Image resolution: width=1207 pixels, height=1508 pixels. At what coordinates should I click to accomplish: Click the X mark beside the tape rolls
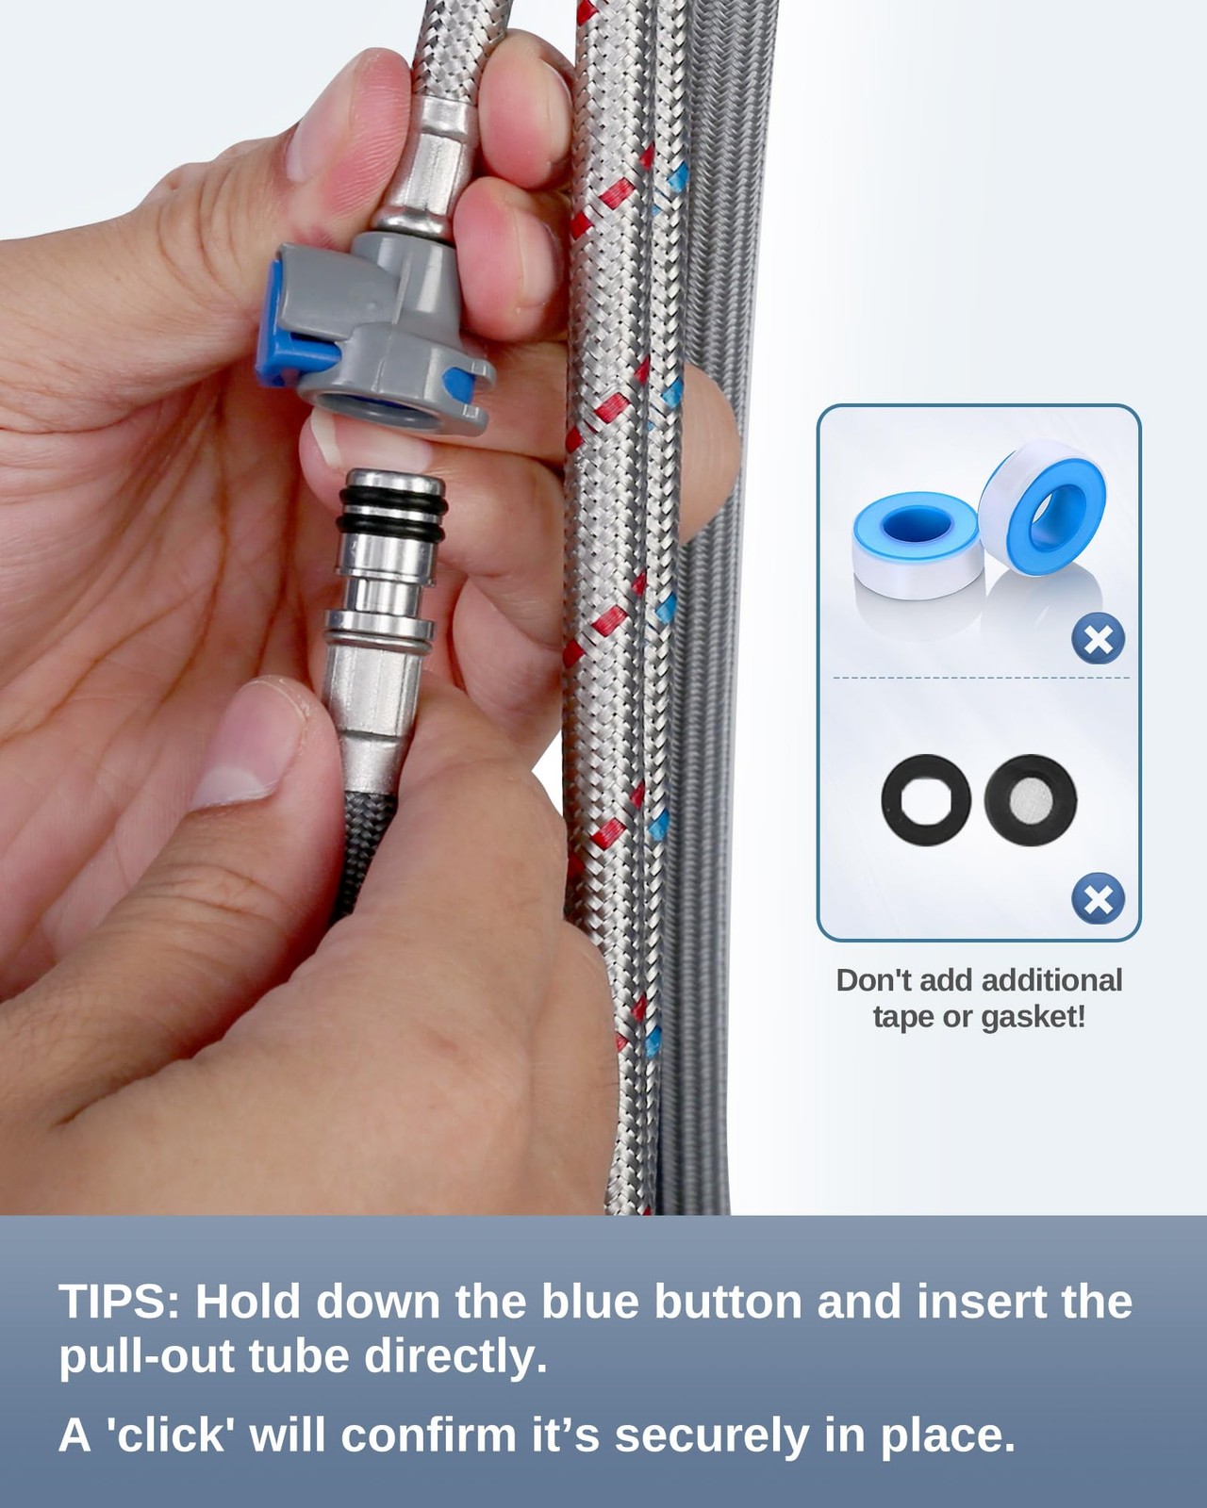point(1098,638)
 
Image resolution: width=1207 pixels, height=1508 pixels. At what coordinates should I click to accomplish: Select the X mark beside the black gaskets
point(1098,899)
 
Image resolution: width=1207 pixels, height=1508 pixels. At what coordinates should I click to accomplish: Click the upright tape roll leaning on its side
point(1043,507)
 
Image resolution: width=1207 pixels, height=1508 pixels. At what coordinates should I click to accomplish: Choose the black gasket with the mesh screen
point(1031,799)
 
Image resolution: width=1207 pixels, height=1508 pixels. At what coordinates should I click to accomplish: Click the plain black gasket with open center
point(926,799)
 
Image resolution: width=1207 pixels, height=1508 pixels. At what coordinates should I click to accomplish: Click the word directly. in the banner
point(455,1359)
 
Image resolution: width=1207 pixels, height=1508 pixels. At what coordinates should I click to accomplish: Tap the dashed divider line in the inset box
point(982,678)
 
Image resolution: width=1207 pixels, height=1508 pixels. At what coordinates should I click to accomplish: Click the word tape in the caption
point(902,1019)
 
